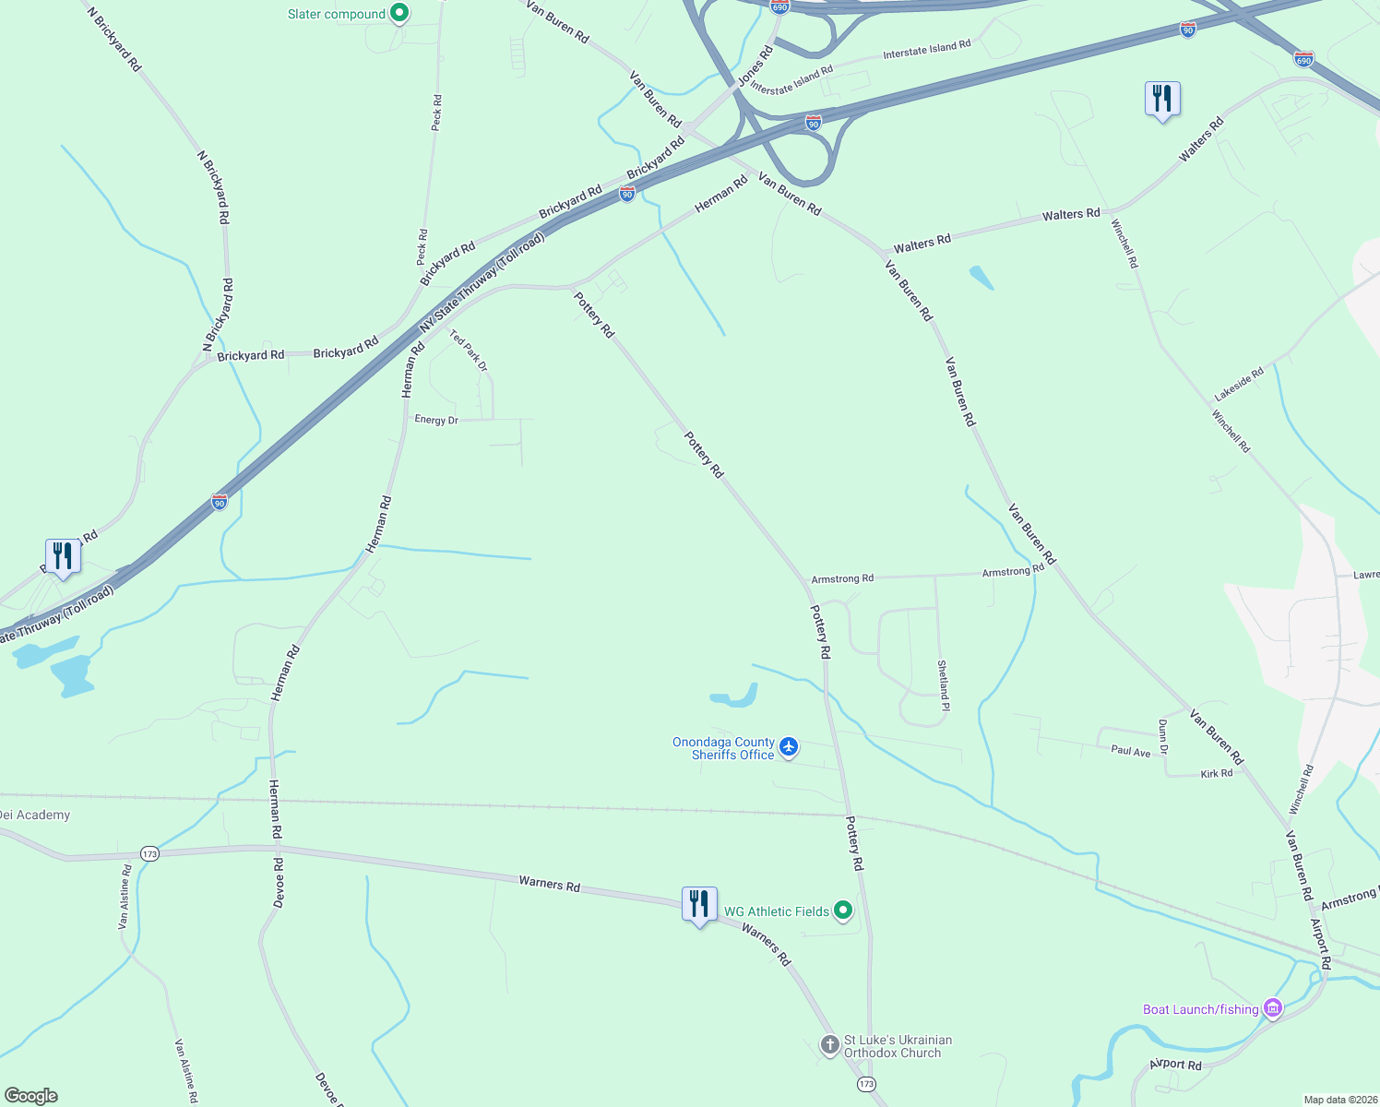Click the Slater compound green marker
click(399, 14)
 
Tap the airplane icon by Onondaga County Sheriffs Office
click(789, 746)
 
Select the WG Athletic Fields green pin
click(843, 911)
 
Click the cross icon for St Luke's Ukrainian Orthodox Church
click(830, 1045)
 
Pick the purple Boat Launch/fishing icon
click(1273, 1008)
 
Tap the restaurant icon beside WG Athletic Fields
click(699, 904)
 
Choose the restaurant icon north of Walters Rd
click(1162, 98)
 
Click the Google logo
click(31, 1096)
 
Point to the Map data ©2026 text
click(1338, 1100)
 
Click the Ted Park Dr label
click(469, 351)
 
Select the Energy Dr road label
click(436, 420)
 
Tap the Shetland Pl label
click(943, 684)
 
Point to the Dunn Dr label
click(1162, 736)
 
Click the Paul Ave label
click(1131, 751)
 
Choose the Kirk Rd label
click(1217, 773)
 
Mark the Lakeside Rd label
click(1239, 383)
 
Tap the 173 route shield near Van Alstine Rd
click(150, 854)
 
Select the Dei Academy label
click(35, 815)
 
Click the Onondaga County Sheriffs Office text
click(724, 748)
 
